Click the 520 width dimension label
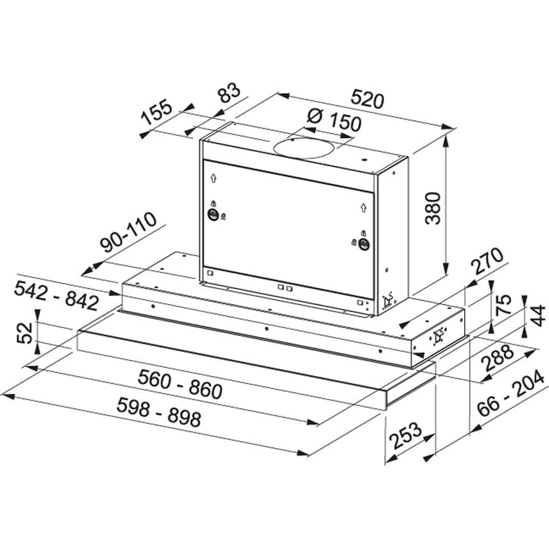point(367,98)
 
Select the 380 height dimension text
point(432,208)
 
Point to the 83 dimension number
point(229,93)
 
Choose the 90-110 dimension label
point(128,232)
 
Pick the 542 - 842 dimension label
point(56,296)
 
